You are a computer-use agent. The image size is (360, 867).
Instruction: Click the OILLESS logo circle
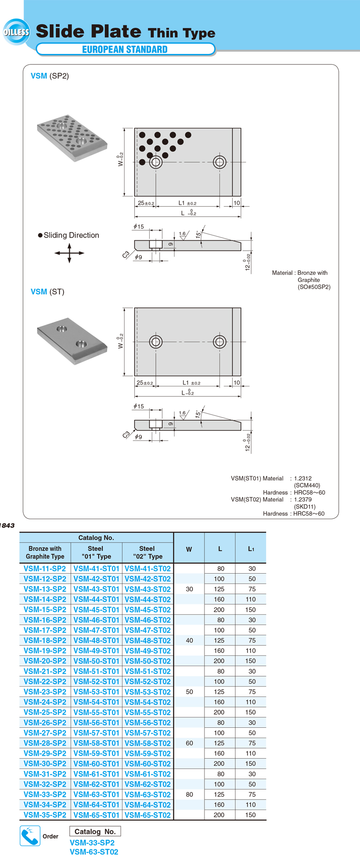click(x=16, y=32)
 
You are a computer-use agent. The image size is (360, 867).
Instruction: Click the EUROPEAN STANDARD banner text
click(x=125, y=49)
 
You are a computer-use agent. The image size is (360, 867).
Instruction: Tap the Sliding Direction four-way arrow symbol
click(x=69, y=253)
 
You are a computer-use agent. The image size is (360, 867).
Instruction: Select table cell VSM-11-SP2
click(x=45, y=569)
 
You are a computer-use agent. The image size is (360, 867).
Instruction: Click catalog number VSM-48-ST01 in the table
click(x=96, y=640)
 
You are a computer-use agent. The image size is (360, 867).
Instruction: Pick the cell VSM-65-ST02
click(x=147, y=815)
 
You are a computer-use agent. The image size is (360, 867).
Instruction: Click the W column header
click(x=189, y=549)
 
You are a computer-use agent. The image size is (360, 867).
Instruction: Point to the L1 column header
click(x=251, y=549)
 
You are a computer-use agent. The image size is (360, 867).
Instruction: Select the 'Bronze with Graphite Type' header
click(x=45, y=552)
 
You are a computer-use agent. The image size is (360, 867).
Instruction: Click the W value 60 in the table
click(x=189, y=743)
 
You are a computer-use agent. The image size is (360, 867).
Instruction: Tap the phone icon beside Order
click(x=30, y=836)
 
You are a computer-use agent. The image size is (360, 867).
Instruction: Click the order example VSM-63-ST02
click(x=94, y=852)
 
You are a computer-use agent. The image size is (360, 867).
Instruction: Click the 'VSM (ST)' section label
click(x=48, y=292)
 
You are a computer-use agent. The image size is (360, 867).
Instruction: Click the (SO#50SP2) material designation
click(x=314, y=287)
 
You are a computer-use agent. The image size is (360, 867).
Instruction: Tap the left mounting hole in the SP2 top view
click(x=156, y=162)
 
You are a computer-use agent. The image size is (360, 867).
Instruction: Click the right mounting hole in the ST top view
click(x=220, y=341)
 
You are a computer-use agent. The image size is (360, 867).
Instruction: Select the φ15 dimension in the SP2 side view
click(x=139, y=226)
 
